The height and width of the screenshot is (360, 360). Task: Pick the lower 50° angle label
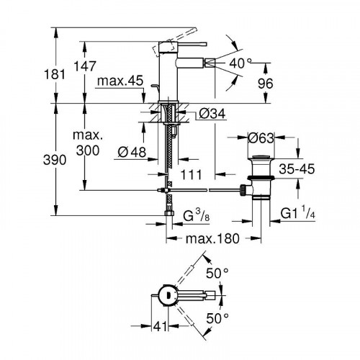pyautogui.click(x=217, y=317)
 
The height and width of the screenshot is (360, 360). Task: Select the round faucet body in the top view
pyautogui.click(x=166, y=296)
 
